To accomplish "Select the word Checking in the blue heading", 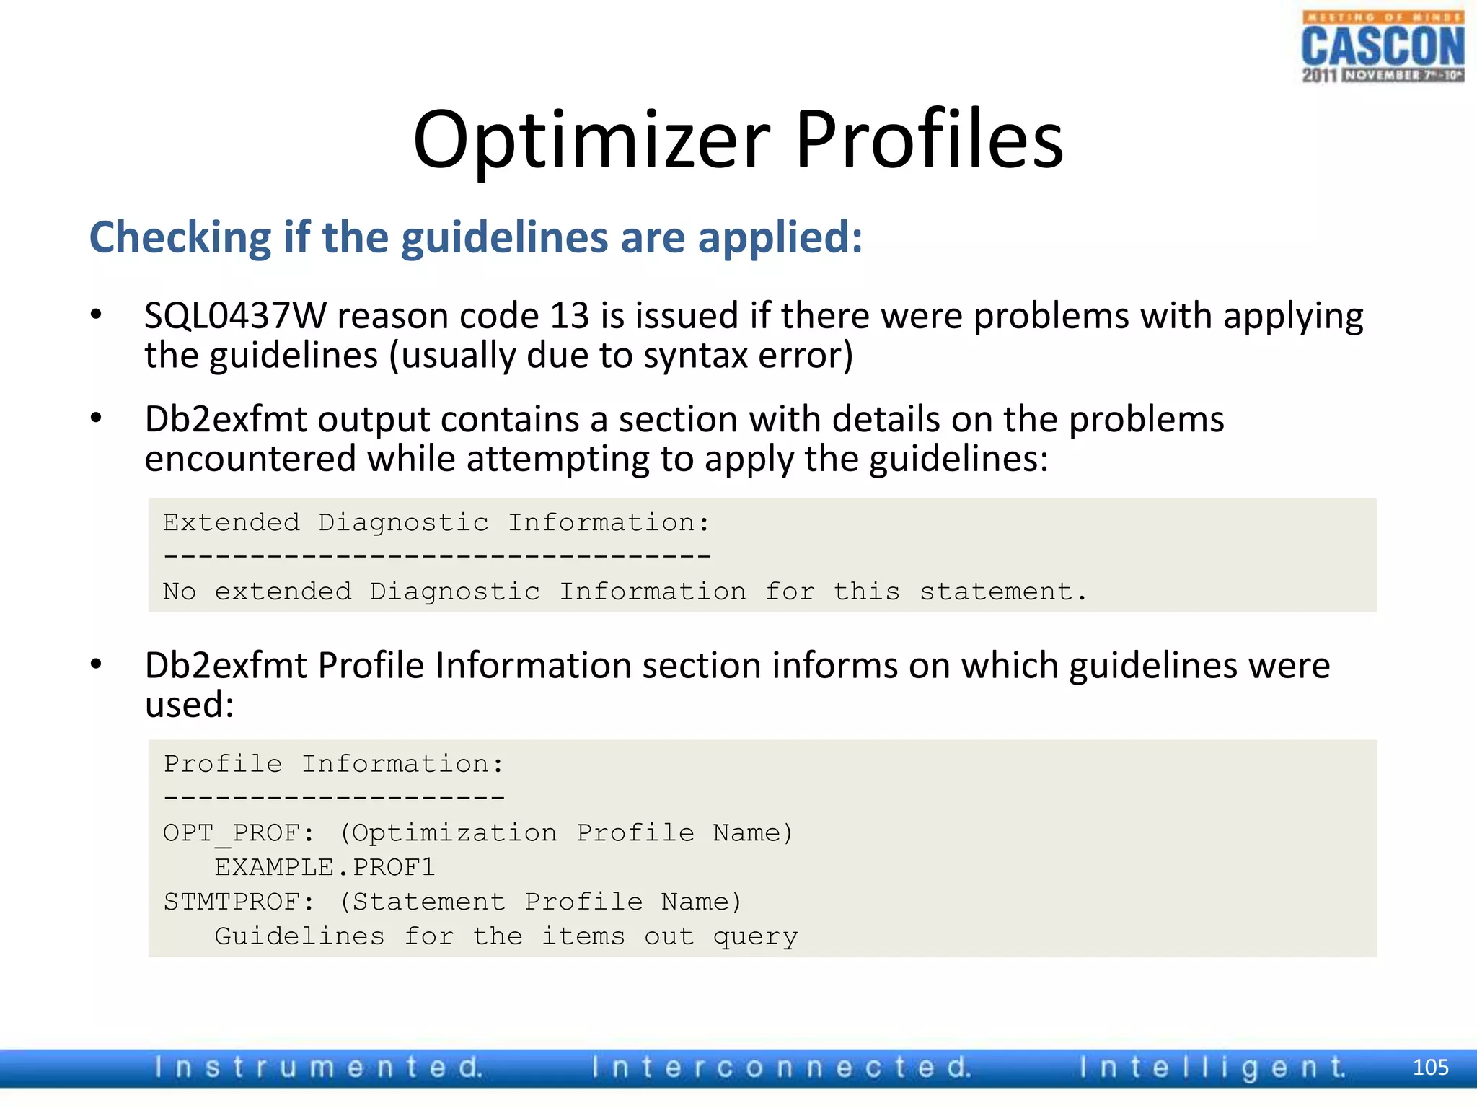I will point(180,238).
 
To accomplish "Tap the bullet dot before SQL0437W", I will point(96,315).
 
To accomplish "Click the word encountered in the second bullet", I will point(250,459).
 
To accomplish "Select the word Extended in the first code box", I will point(231,522).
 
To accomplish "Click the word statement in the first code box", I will point(1002,592).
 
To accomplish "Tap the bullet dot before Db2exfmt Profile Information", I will point(96,664).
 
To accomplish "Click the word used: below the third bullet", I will point(190,705).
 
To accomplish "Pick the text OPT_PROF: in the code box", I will point(239,833).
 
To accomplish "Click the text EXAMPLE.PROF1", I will point(325,867).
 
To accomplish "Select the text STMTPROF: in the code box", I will point(239,902).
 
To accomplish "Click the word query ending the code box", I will point(755,937).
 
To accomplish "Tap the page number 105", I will point(1430,1068).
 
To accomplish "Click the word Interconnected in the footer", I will point(781,1068).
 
